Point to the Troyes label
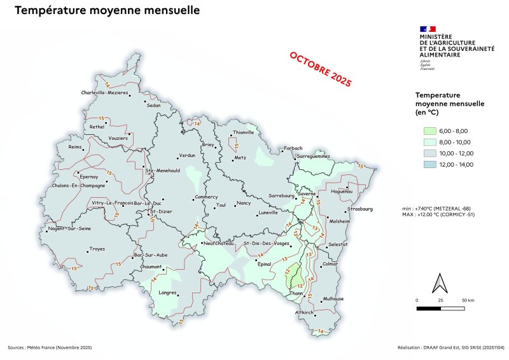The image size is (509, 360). click(97, 249)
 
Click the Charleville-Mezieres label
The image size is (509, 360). click(104, 93)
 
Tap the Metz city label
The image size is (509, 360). click(240, 157)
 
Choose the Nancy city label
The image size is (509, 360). click(244, 203)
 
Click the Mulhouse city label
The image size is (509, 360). click(333, 298)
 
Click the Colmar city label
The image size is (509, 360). click(330, 263)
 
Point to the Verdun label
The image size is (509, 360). click(186, 155)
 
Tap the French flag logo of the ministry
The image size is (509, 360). click(428, 29)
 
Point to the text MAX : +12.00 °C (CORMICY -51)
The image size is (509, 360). click(439, 214)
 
